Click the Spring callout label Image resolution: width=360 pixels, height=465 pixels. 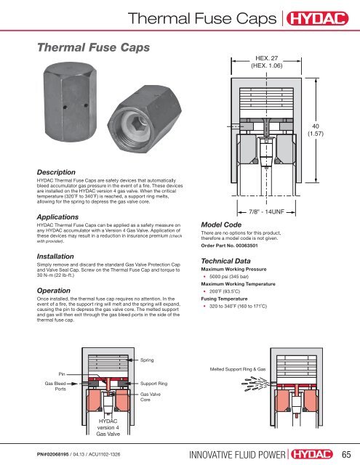148,360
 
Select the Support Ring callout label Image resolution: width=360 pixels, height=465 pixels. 154,381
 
